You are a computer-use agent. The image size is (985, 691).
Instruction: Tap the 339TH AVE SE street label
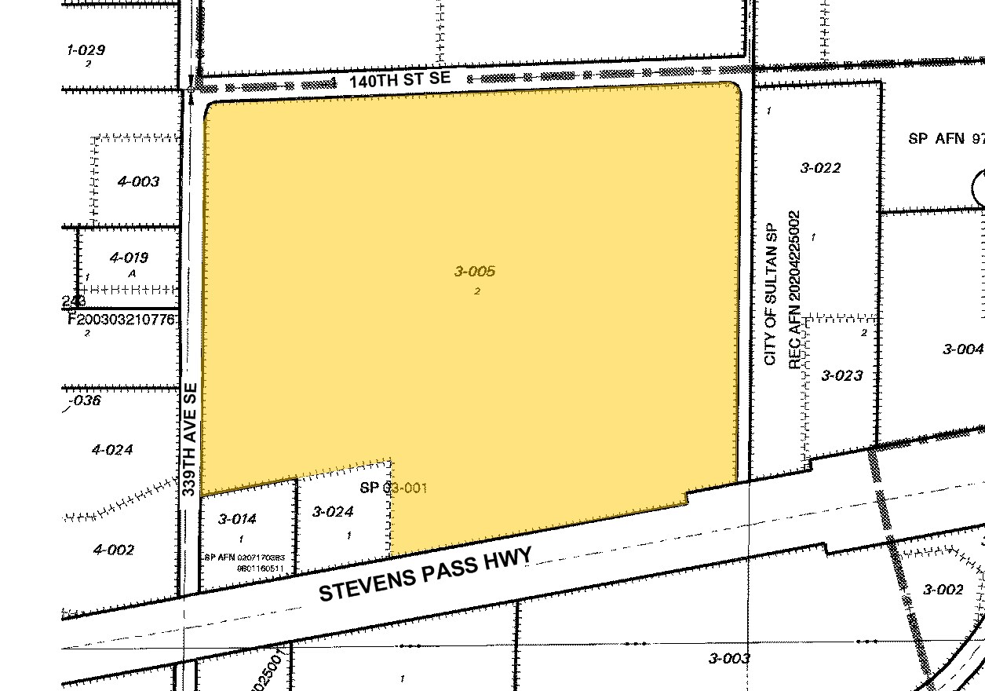[189, 438]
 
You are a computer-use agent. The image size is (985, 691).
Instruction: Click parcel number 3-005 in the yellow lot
[475, 272]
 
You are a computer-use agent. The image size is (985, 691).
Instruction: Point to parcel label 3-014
[237, 519]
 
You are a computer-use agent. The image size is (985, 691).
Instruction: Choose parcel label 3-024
[333, 512]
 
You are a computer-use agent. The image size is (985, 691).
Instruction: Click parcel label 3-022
[820, 168]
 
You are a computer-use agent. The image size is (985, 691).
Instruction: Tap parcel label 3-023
[842, 375]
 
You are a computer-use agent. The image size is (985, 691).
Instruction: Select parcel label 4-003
[138, 181]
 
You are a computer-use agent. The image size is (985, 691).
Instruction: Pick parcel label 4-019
[129, 258]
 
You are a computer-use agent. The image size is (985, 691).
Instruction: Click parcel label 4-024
[112, 450]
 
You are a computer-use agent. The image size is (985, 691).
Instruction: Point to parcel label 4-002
[113, 550]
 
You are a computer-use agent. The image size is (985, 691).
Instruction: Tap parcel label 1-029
[86, 50]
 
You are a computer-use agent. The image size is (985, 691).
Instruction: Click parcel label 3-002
[943, 590]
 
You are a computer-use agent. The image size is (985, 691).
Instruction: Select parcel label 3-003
[729, 659]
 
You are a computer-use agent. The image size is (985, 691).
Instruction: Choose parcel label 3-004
[962, 349]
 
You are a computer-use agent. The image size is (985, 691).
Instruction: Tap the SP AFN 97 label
[945, 139]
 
